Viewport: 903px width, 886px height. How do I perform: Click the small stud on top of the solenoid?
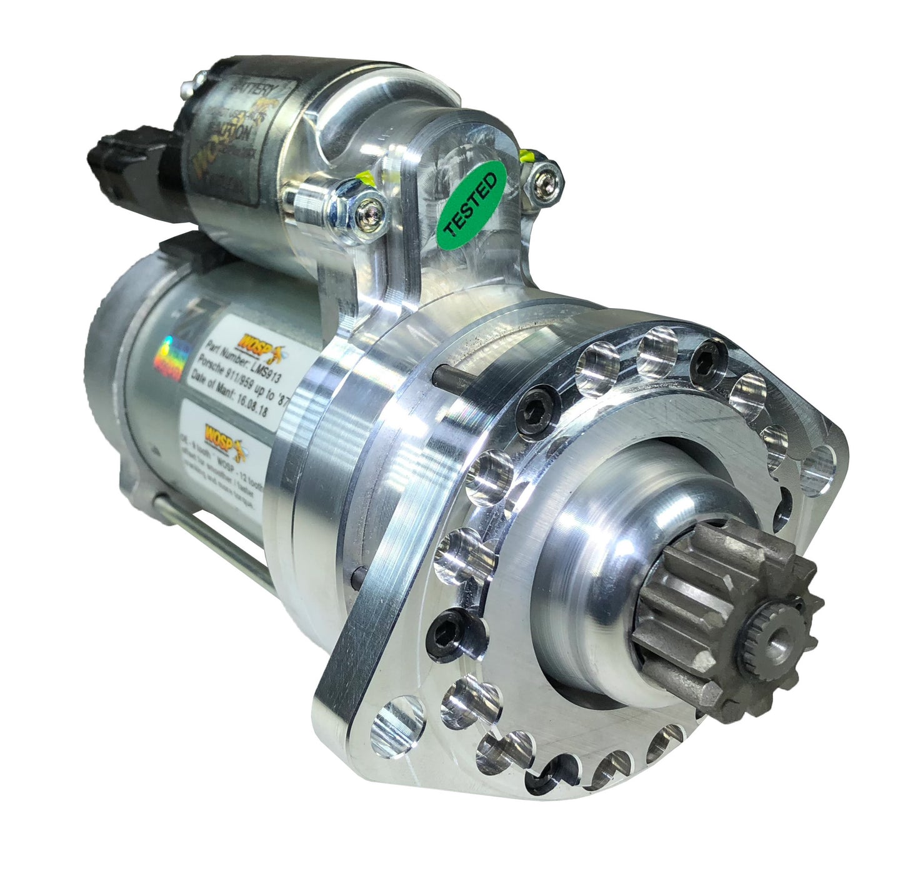[200, 77]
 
